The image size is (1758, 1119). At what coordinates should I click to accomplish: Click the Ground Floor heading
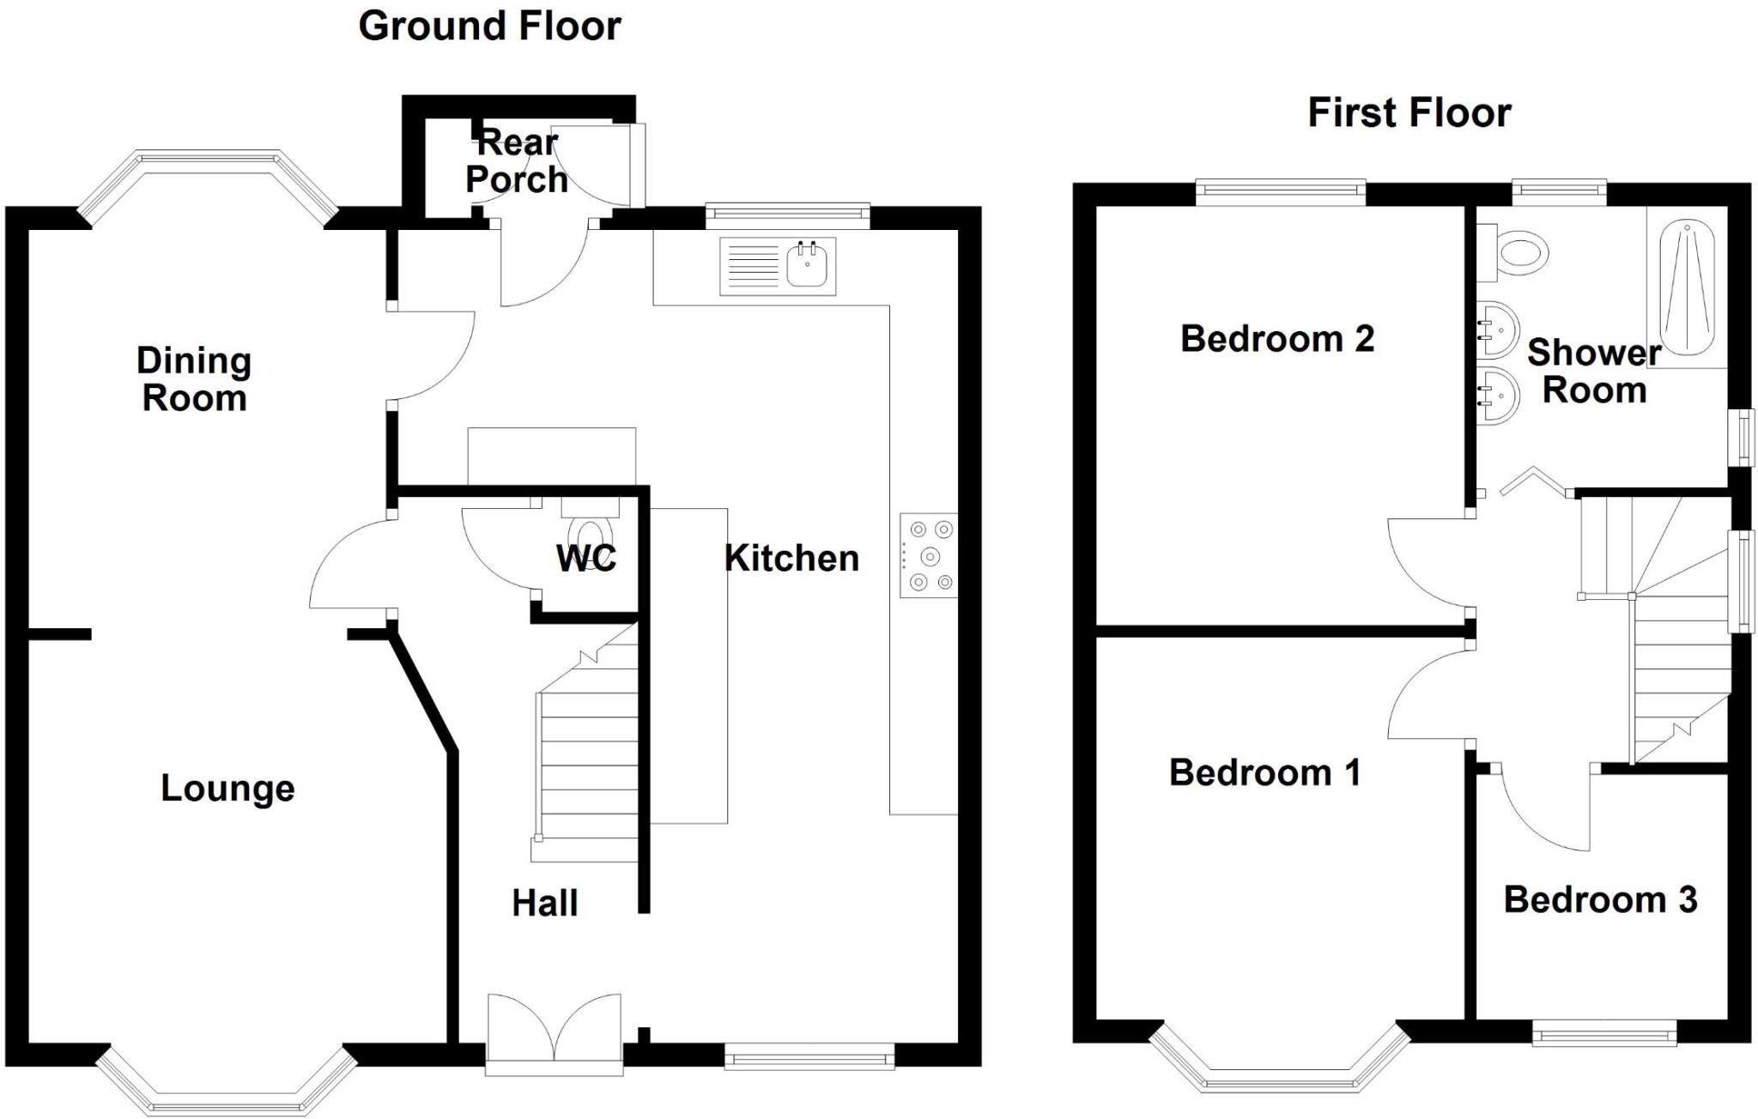(x=489, y=27)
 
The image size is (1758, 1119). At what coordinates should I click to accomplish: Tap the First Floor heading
(x=1409, y=113)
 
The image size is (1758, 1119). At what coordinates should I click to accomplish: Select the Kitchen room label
(x=791, y=559)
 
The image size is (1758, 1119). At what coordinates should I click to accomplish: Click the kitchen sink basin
(x=807, y=264)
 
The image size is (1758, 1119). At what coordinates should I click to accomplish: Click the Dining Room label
(x=194, y=379)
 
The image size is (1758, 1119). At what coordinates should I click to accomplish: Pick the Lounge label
(x=227, y=789)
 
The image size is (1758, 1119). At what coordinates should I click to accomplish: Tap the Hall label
(x=544, y=904)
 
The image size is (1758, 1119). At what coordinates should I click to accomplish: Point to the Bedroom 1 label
(x=1264, y=773)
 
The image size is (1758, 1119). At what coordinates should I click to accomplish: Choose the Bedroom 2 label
(x=1276, y=339)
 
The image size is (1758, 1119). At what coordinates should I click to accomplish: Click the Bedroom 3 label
(x=1600, y=900)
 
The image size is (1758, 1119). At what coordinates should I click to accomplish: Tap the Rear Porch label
(x=517, y=161)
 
